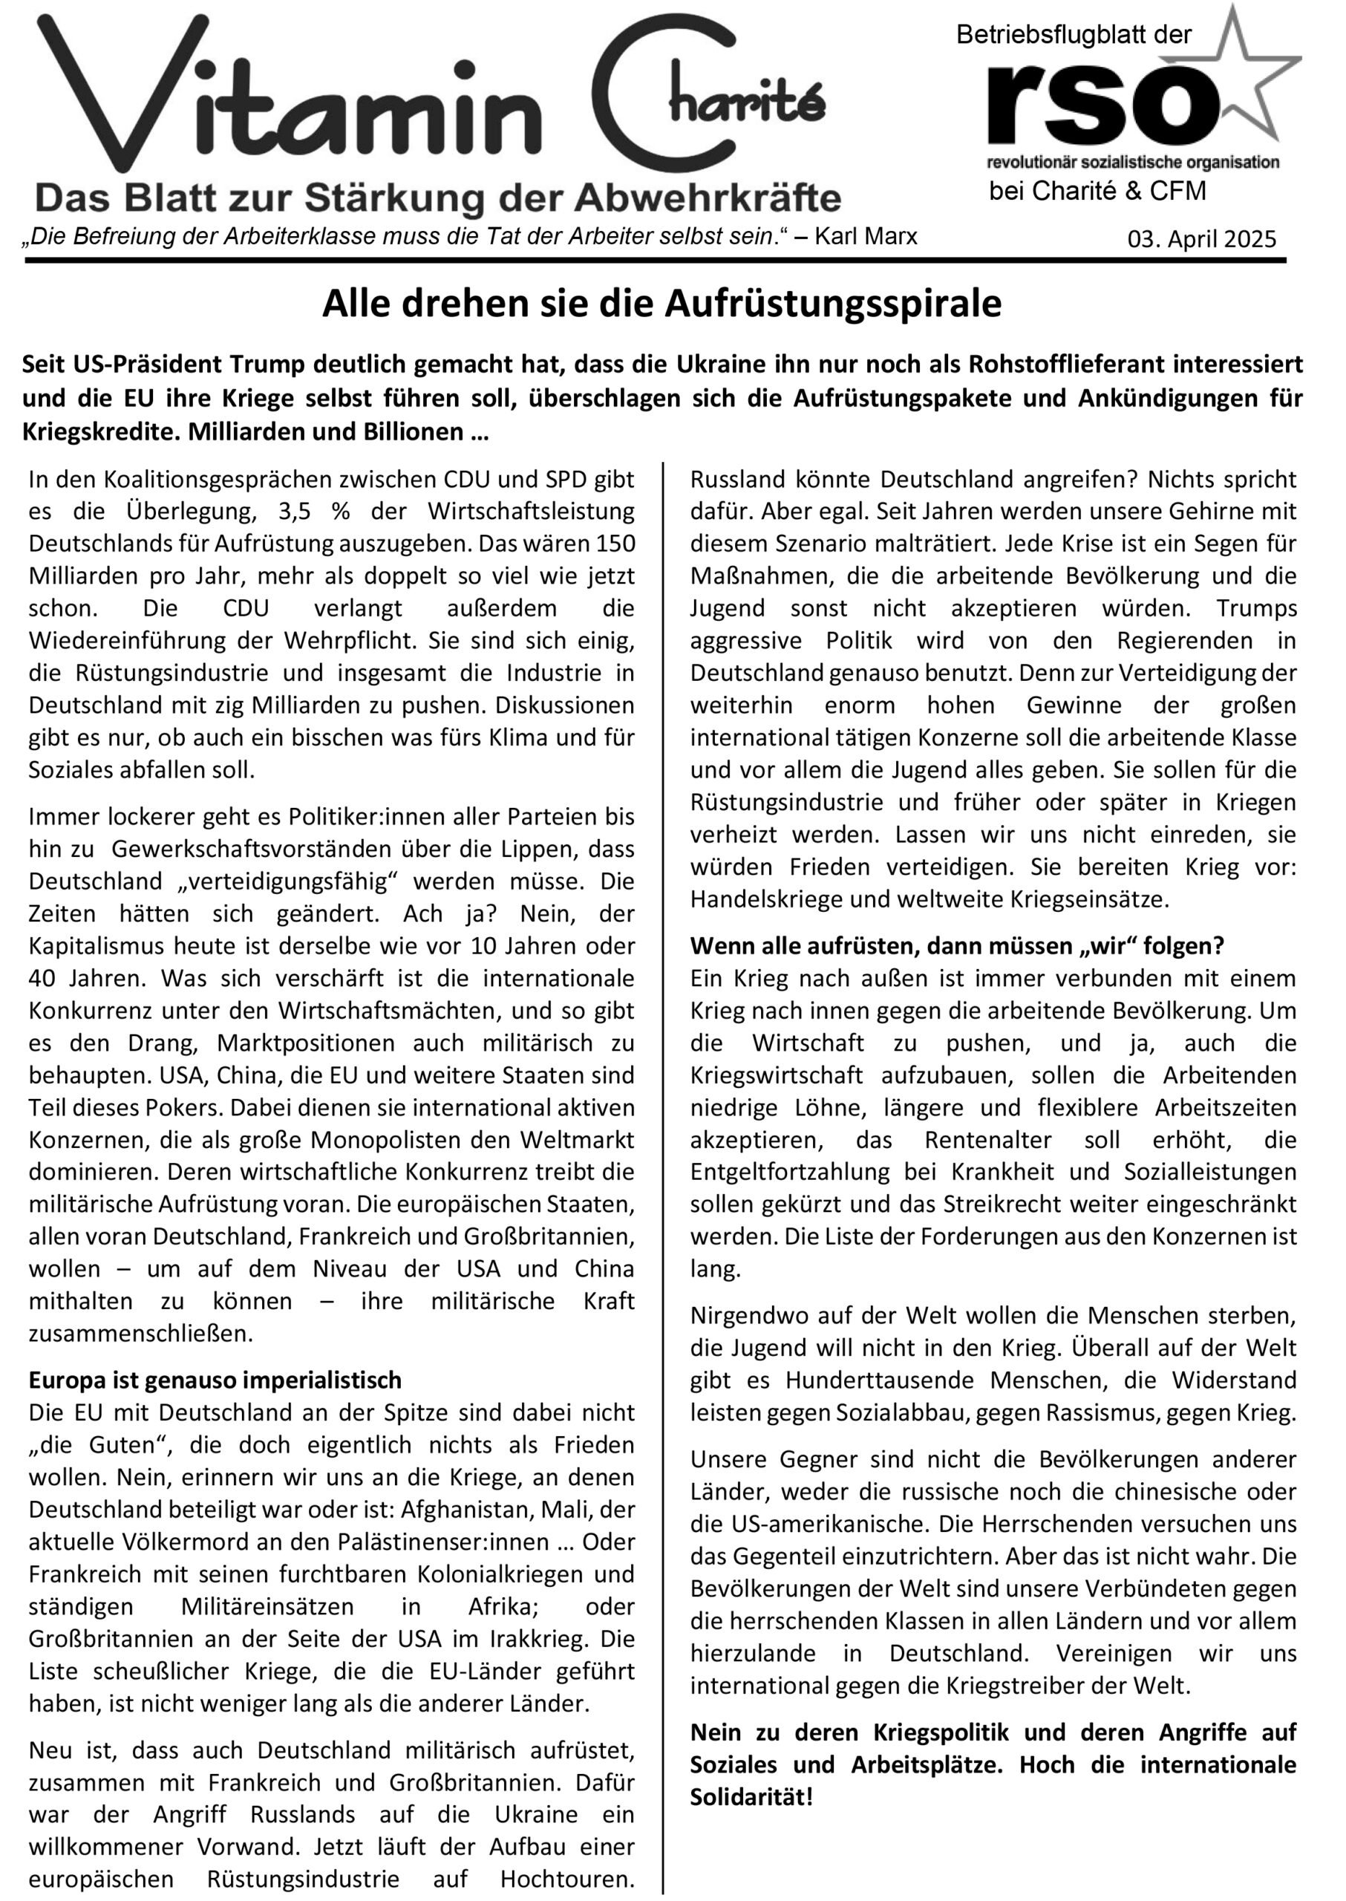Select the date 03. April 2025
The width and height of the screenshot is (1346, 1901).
1202,240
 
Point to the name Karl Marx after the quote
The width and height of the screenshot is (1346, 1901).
866,237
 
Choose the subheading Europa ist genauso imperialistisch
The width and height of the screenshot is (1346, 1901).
215,1380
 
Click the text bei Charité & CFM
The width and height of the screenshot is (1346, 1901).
1097,192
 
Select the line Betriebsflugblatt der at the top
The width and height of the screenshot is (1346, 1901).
1074,35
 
